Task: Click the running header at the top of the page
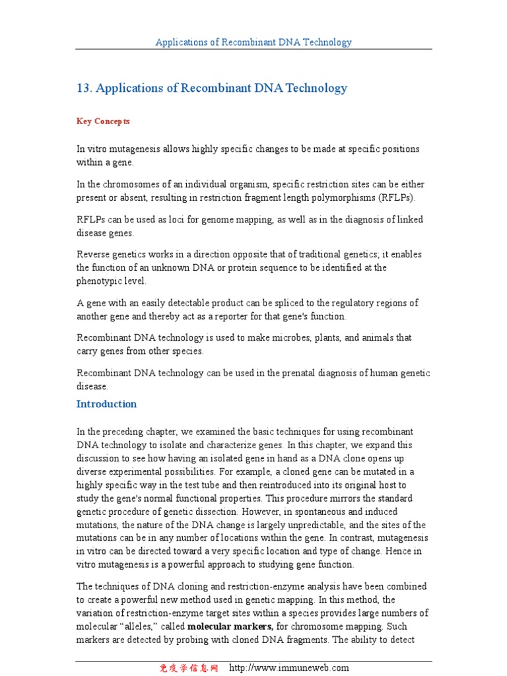(x=253, y=42)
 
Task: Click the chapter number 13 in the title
(x=84, y=88)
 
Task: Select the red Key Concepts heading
(x=103, y=121)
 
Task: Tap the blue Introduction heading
(x=106, y=404)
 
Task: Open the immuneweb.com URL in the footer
(x=289, y=668)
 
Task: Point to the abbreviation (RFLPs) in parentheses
(x=397, y=197)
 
